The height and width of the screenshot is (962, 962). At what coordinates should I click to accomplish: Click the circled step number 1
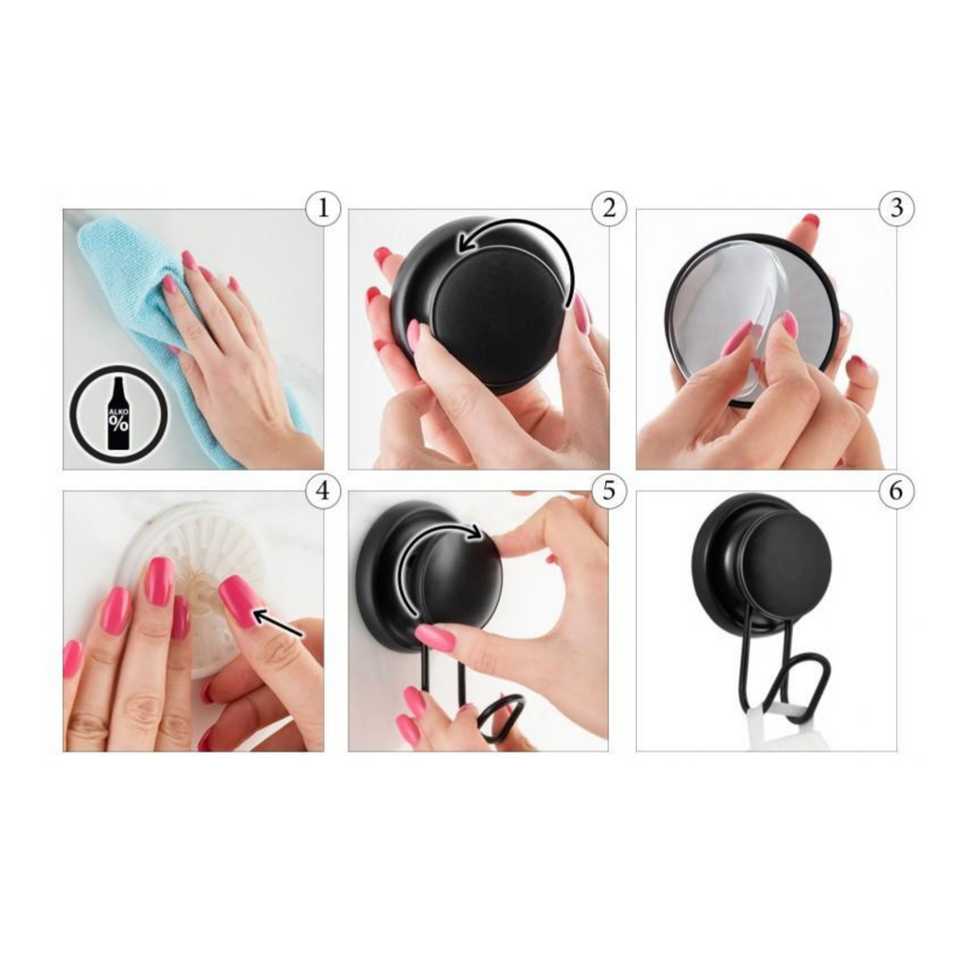pyautogui.click(x=323, y=209)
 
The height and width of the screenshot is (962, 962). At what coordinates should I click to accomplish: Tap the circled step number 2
pyautogui.click(x=609, y=209)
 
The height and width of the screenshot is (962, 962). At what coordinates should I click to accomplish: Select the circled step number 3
pyautogui.click(x=896, y=209)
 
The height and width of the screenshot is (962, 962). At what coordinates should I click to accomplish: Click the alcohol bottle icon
pyautogui.click(x=118, y=413)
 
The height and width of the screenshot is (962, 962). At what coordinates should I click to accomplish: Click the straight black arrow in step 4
pyautogui.click(x=278, y=623)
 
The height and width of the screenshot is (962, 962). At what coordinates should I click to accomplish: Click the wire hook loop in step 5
pyautogui.click(x=498, y=717)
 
